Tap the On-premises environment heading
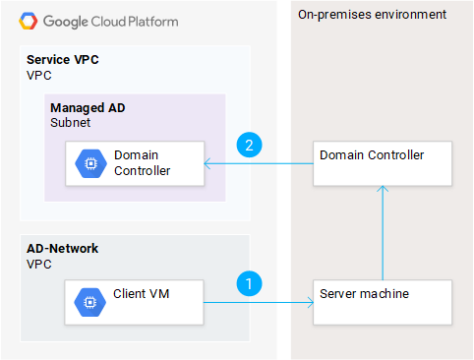pyautogui.click(x=372, y=15)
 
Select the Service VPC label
pyautogui.click(x=63, y=60)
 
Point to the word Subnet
pyautogui.click(x=70, y=122)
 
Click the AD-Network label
pyautogui.click(x=63, y=250)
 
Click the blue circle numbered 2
pyautogui.click(x=251, y=146)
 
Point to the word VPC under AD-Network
pyautogui.click(x=37, y=265)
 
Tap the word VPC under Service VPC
pyautogui.click(x=37, y=75)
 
